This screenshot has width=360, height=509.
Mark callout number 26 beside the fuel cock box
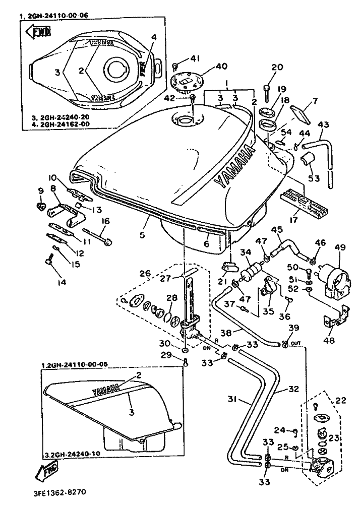click(146, 274)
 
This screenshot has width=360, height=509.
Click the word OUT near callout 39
click(296, 344)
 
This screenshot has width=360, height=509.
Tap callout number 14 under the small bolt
click(62, 283)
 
